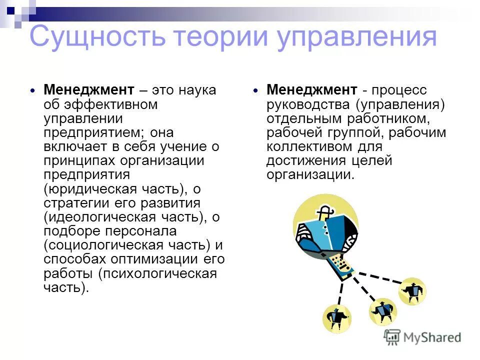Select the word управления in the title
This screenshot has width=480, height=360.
coord(357,38)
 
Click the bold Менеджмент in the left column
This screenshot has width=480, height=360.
coord(89,90)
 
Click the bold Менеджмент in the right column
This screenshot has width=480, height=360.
coord(312,90)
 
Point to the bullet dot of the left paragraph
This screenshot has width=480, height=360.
coord(33,91)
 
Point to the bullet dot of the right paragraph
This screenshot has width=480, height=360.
coord(255,91)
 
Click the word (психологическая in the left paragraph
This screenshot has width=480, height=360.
coord(157,273)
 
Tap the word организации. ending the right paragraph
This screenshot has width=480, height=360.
coord(310,175)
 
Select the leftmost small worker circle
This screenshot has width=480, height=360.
coord(337,317)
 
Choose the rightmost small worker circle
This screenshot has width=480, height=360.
coord(413,290)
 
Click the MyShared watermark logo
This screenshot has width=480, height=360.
coord(422,337)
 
